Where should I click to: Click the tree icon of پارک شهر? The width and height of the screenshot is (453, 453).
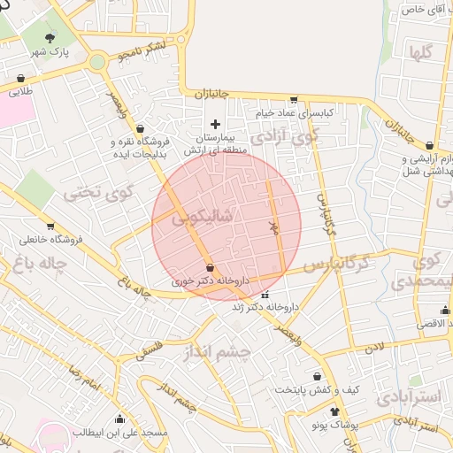pyautogui.click(x=50, y=37)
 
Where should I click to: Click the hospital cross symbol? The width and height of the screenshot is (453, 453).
pyautogui.click(x=215, y=123)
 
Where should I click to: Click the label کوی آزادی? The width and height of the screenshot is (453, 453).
pyautogui.click(x=282, y=137)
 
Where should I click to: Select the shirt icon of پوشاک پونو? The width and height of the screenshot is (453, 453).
pyautogui.click(x=334, y=412)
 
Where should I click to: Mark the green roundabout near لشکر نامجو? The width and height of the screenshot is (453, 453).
pyautogui.click(x=97, y=62)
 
